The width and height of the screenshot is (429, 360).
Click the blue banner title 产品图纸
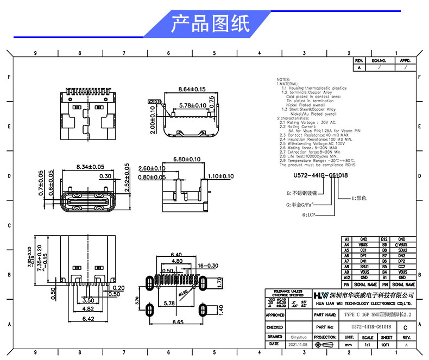click(x=210, y=24)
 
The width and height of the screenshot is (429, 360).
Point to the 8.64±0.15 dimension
click(x=192, y=89)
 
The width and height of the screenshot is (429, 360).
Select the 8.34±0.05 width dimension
click(x=91, y=166)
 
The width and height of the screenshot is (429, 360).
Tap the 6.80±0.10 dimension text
click(x=186, y=159)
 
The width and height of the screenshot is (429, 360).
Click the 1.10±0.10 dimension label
click(x=220, y=176)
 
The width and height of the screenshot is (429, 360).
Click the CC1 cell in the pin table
click(x=363, y=250)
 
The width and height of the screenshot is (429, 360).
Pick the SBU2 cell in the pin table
click(x=402, y=250)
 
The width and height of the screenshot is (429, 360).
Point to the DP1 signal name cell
click(x=363, y=256)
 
